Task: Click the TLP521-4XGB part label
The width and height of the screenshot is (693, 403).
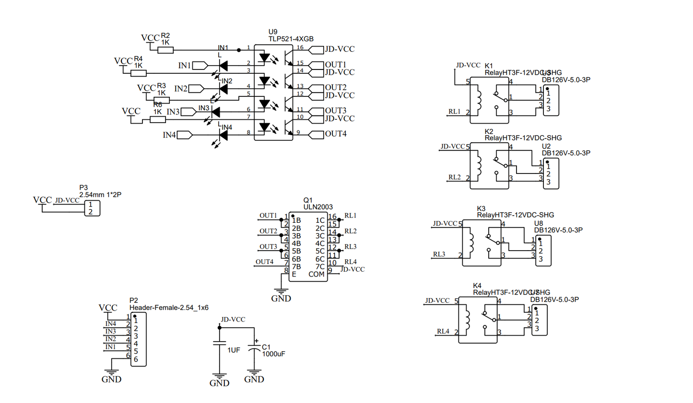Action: [x=291, y=39]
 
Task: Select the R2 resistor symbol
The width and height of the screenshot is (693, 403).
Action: [x=165, y=49]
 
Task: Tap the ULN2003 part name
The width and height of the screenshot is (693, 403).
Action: [x=317, y=207]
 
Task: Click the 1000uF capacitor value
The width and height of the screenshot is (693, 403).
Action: [x=273, y=354]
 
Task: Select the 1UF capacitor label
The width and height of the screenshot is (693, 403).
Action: [x=234, y=350]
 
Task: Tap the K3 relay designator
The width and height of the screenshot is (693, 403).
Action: [x=481, y=208]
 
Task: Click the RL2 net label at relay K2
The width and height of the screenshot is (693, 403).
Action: [x=454, y=177]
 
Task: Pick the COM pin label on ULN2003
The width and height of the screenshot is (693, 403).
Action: [x=317, y=275]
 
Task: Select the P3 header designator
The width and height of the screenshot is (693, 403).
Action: [x=83, y=188]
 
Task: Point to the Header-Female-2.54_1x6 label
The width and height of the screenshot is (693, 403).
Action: [x=169, y=308]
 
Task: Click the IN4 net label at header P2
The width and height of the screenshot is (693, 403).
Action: [x=111, y=324]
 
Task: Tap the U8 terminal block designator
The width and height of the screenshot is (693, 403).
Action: [x=539, y=223]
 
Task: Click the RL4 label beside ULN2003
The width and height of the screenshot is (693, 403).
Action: [x=351, y=262]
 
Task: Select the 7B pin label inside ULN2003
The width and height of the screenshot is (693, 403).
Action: [x=296, y=267]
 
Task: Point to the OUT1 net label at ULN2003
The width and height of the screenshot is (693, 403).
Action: [x=268, y=216]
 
